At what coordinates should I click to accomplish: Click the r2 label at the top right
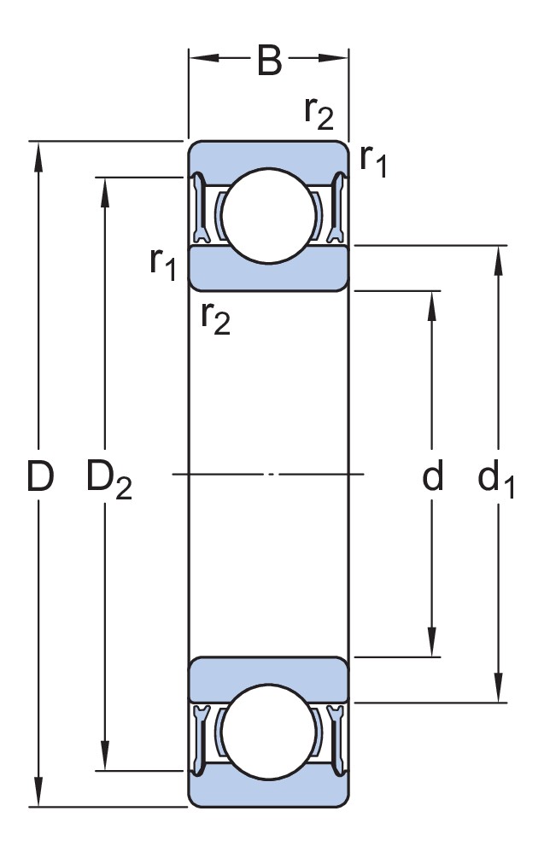click(319, 113)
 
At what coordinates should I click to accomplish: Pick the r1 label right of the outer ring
click(373, 160)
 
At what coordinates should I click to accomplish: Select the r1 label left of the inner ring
click(162, 265)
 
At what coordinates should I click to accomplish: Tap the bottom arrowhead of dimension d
click(433, 645)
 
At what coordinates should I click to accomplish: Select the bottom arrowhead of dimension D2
click(106, 758)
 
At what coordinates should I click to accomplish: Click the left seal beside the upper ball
click(201, 209)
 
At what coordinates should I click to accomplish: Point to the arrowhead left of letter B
click(200, 59)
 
